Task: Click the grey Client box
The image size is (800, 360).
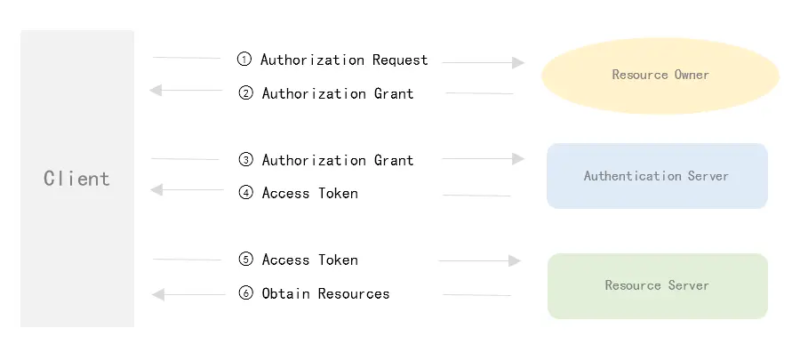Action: pos(77,178)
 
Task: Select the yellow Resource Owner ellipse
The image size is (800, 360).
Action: pos(660,75)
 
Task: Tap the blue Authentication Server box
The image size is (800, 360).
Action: pos(657,176)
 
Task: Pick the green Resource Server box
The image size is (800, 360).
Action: pos(657,285)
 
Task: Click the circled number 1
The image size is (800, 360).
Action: pos(244,60)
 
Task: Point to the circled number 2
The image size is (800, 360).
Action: pos(246,93)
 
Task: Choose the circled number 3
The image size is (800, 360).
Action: pos(246,160)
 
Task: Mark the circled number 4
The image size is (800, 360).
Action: pos(246,193)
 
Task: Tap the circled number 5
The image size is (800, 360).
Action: pos(246,260)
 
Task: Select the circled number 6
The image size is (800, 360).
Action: pos(246,293)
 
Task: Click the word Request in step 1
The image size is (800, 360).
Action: pos(400,60)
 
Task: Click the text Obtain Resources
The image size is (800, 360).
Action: pos(325,293)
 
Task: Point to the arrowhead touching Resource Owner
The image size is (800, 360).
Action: pos(519,63)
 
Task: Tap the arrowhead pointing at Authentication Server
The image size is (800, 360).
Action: pos(518,159)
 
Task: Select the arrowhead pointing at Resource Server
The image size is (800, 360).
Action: pos(514,261)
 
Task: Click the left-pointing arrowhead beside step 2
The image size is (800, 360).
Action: pos(156,91)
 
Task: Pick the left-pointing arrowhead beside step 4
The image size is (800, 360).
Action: pos(156,190)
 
